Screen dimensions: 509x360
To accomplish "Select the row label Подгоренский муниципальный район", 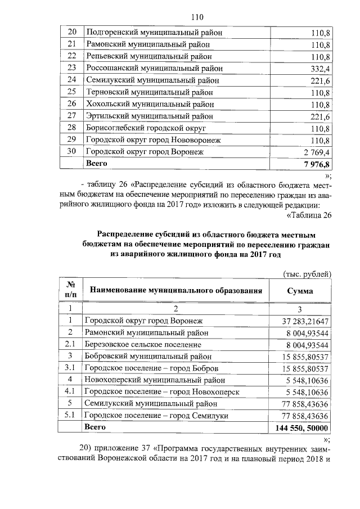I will (154, 33).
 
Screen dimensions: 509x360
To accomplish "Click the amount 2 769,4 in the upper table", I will (316, 152).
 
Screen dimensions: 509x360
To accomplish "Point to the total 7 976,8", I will (315, 164).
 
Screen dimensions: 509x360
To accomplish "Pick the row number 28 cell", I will (71, 128).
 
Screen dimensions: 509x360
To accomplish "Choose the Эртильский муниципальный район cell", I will (149, 116).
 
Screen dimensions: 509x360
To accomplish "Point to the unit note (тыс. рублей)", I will (306, 273).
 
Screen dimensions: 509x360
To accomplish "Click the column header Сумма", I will (300, 291).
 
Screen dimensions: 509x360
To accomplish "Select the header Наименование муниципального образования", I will (177, 291).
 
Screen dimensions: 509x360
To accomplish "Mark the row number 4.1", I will (70, 391).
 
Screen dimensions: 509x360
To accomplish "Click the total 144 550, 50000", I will (301, 427).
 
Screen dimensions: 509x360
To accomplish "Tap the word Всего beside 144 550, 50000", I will (94, 427).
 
